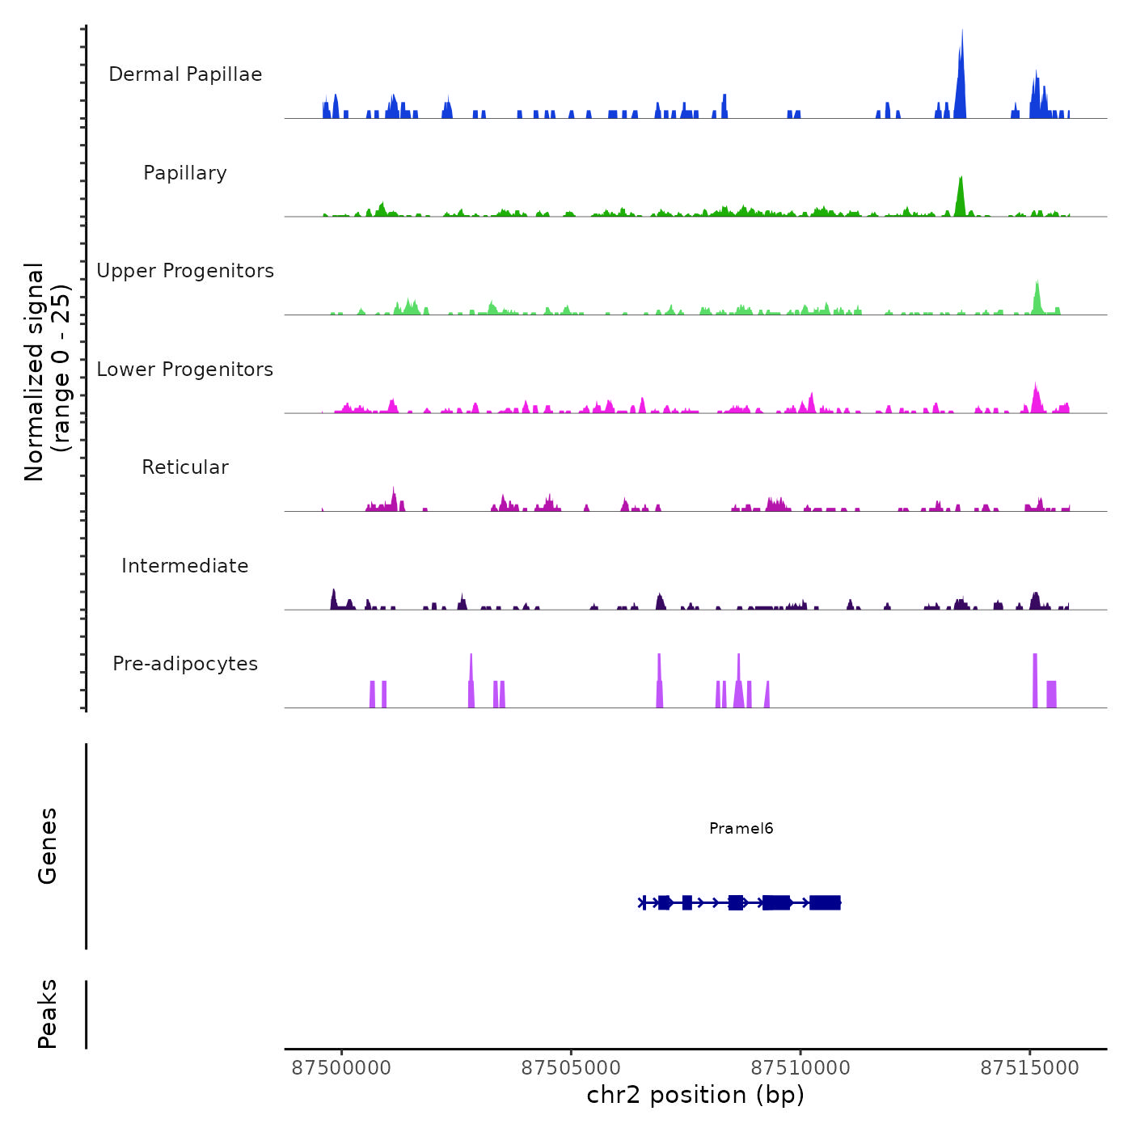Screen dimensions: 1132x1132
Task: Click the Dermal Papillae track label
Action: click(x=185, y=74)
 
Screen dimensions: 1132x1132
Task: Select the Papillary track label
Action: click(x=185, y=173)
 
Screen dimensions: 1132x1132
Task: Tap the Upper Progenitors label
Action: click(x=185, y=271)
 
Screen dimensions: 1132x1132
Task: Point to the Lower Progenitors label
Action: click(x=185, y=370)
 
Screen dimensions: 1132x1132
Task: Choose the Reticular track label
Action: click(x=185, y=467)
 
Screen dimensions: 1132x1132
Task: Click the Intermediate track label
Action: click(x=185, y=566)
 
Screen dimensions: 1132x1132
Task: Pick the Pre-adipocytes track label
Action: click(x=185, y=664)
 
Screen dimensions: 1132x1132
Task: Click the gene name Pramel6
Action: click(x=741, y=828)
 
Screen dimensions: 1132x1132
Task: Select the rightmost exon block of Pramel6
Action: click(x=825, y=902)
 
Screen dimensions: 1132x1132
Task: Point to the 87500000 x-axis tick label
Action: click(x=341, y=1068)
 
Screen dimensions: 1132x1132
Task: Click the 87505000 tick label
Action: click(x=571, y=1068)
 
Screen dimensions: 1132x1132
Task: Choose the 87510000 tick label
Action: click(x=800, y=1068)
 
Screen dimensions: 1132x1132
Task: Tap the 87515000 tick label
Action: click(x=1029, y=1068)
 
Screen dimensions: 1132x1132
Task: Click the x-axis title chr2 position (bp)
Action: click(x=695, y=1095)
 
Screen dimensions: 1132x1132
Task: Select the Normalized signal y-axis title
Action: click(x=47, y=371)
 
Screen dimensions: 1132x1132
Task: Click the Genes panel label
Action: click(x=48, y=846)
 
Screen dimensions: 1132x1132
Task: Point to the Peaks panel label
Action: click(x=48, y=1014)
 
